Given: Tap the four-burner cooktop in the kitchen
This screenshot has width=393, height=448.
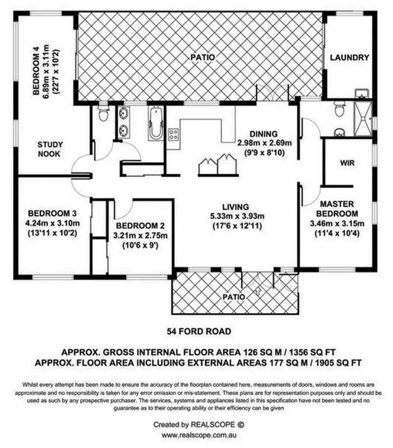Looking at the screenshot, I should coord(174,134).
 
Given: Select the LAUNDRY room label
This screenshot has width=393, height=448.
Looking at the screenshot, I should coord(349,57).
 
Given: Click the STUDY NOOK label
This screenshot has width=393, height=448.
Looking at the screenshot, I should coord(49,149).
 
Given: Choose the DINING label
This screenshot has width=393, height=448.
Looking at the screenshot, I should coord(263,133).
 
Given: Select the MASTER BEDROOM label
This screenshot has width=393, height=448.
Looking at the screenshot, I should coord(337,209).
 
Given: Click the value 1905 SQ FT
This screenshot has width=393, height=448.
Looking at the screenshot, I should coord(336,362).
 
